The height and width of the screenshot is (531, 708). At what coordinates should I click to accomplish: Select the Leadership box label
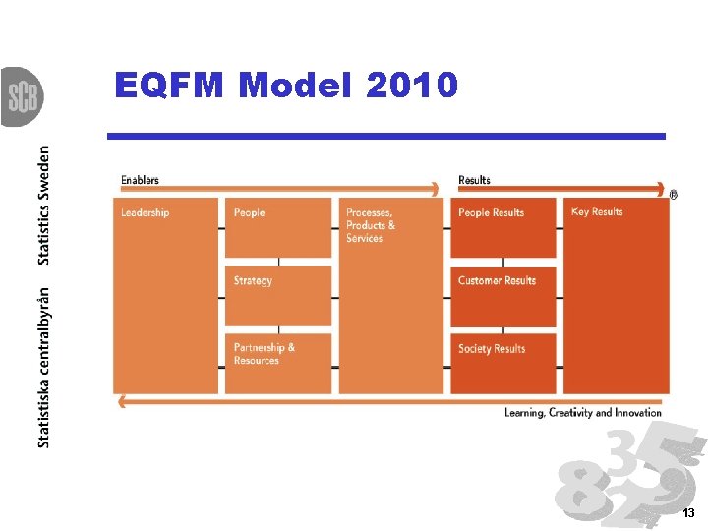pyautogui.click(x=145, y=213)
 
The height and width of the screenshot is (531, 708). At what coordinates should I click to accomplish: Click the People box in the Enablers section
pyautogui.click(x=278, y=227)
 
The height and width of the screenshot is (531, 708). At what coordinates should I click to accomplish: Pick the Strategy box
pyautogui.click(x=278, y=295)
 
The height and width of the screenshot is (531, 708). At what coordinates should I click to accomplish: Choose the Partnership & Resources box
pyautogui.click(x=278, y=363)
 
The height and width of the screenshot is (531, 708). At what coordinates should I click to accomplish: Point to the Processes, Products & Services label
pyautogui.click(x=370, y=225)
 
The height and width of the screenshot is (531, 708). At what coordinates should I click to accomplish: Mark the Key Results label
pyautogui.click(x=597, y=212)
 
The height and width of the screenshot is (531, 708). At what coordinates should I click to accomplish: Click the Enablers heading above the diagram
pyautogui.click(x=140, y=180)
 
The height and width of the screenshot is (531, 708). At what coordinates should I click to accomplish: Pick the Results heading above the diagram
pyautogui.click(x=474, y=180)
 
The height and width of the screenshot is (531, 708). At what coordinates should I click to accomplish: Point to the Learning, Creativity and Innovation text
pyautogui.click(x=583, y=413)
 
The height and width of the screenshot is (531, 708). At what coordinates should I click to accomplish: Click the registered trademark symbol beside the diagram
pyautogui.click(x=673, y=195)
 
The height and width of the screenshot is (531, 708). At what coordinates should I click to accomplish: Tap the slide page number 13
pyautogui.click(x=688, y=514)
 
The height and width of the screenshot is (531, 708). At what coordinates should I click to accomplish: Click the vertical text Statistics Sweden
pyautogui.click(x=43, y=205)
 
